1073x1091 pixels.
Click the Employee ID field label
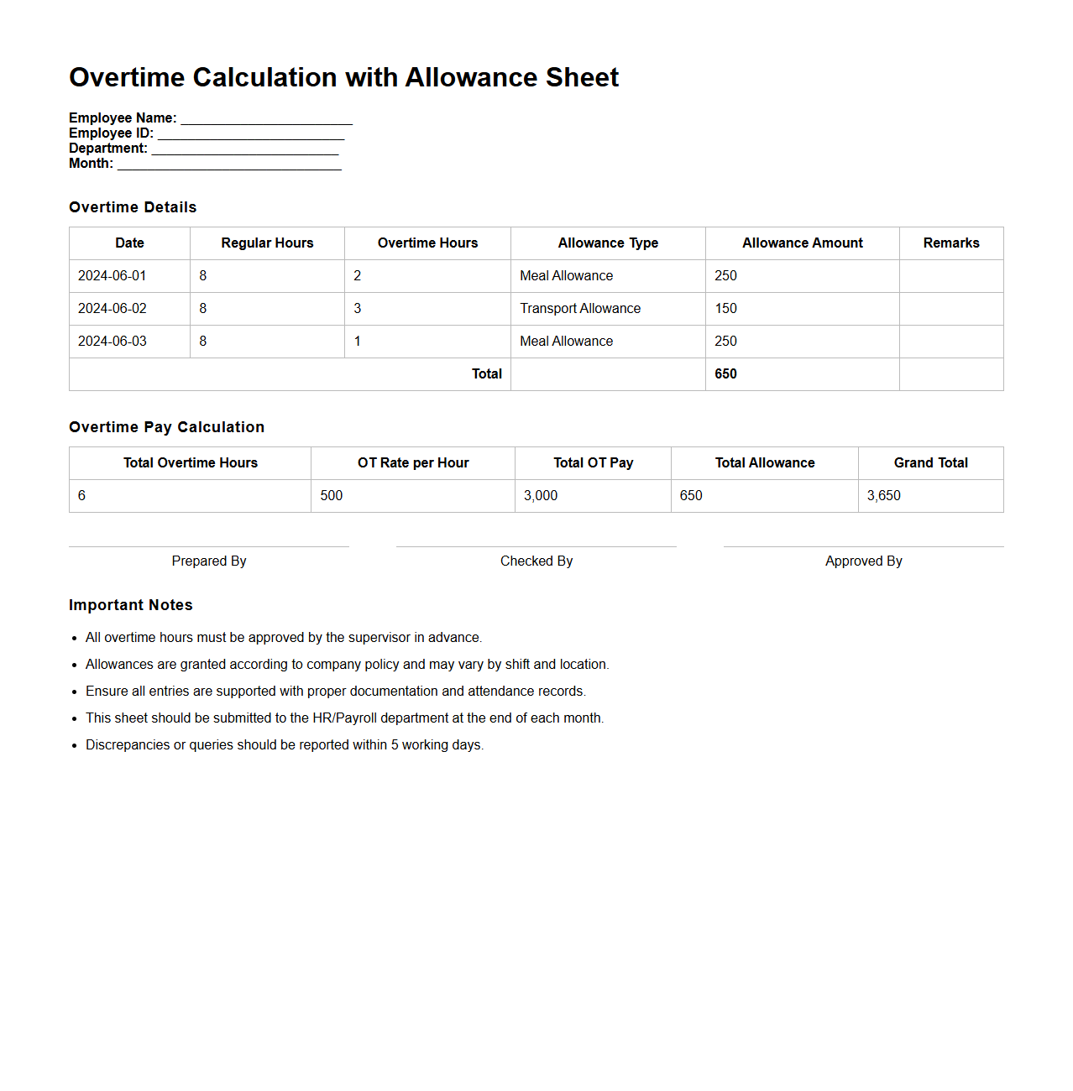[x=111, y=133]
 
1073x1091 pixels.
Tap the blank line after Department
[x=244, y=149]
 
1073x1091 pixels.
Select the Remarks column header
[x=950, y=243]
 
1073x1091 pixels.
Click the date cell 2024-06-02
[x=113, y=309]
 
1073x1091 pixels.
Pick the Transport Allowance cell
[x=580, y=309]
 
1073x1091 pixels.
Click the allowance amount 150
[x=725, y=309]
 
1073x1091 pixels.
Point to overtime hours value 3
[x=358, y=309]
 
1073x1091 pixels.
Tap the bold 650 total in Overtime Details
[x=725, y=374]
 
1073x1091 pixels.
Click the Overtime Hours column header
[x=427, y=243]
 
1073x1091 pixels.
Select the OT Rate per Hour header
[x=413, y=463]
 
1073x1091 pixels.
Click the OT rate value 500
[x=332, y=496]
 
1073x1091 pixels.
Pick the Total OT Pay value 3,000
[x=541, y=496]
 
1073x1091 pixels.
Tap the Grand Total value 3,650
[x=883, y=496]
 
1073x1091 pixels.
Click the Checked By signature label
[x=536, y=561]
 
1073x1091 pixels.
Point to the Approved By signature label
[x=863, y=561]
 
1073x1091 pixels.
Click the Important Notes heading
[x=131, y=605]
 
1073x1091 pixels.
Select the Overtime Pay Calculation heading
[x=166, y=427]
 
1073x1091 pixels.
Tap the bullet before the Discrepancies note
[x=75, y=745]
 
